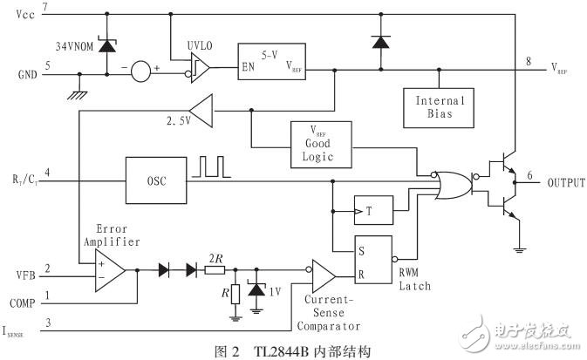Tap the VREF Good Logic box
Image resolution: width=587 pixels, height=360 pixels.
click(322, 145)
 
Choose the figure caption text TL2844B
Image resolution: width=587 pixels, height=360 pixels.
click(288, 351)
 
